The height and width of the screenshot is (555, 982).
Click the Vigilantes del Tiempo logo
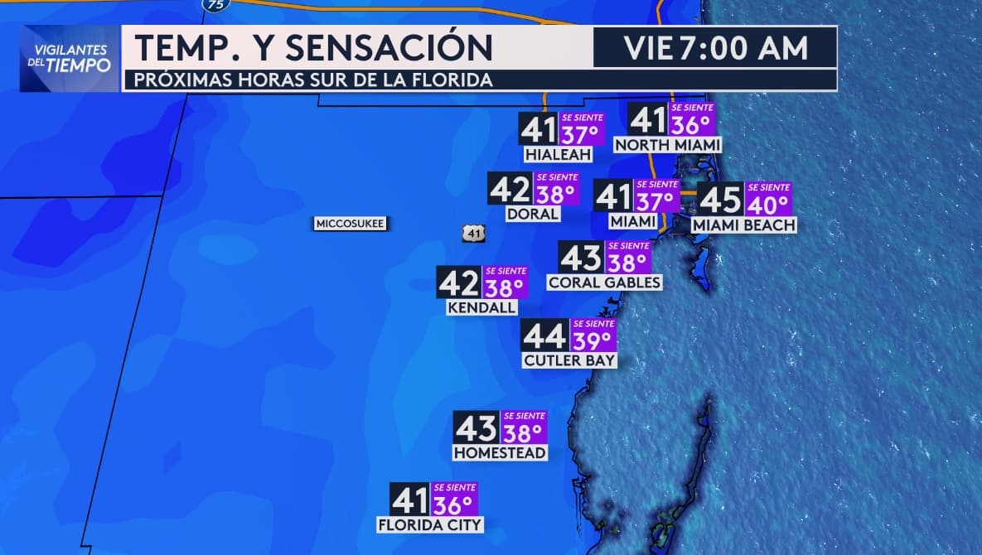point(70,58)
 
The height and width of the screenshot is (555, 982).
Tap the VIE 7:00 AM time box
point(715,48)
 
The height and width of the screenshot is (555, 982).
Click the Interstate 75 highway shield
point(215,4)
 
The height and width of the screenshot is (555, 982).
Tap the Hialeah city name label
point(557,155)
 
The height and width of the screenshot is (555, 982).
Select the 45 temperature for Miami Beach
point(720,200)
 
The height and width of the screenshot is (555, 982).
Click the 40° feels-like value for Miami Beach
point(768,204)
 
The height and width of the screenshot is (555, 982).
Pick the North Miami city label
point(667,145)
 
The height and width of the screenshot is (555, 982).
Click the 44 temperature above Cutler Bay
point(545,336)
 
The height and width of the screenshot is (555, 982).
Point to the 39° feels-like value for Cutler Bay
point(593,340)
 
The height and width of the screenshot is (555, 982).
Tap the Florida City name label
point(429,524)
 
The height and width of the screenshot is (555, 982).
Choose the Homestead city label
point(500,453)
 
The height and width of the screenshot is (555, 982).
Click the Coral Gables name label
point(604,282)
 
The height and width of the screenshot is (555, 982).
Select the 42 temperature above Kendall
point(458,283)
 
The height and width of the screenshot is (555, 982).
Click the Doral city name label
point(532,214)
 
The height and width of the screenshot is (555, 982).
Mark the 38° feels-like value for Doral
point(555,194)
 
